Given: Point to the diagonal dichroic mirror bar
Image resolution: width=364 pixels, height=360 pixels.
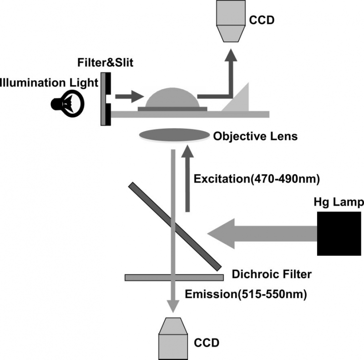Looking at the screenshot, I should [175, 226].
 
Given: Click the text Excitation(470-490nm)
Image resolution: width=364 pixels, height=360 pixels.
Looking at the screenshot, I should [257, 179].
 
